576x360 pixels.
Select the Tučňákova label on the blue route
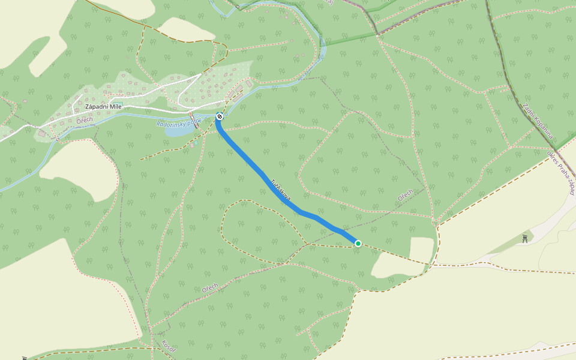(281, 190)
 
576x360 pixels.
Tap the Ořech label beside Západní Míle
(84, 121)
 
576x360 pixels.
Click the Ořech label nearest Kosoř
(209, 289)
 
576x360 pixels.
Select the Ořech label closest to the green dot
(406, 196)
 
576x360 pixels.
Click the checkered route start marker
(220, 116)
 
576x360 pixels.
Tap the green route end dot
(358, 243)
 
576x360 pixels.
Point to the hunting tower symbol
(525, 239)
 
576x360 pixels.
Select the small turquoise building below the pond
(191, 144)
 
